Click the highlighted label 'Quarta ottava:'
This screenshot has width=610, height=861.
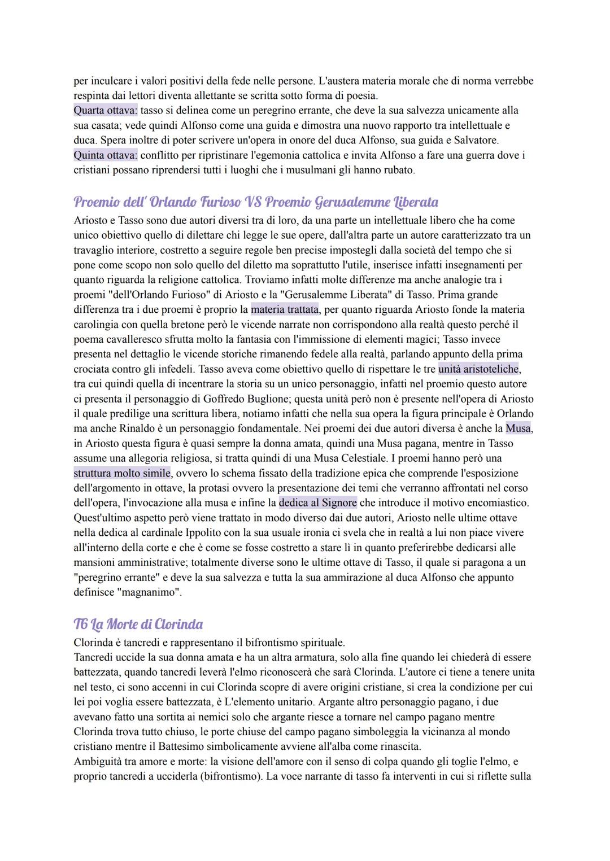[106, 111]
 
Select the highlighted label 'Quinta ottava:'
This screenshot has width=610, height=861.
[106, 155]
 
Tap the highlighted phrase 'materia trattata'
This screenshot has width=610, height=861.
[285, 309]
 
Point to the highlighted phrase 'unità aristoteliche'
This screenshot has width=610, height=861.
[478, 369]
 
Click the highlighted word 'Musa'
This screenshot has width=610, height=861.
[518, 429]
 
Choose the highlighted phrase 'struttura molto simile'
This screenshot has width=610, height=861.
[122, 473]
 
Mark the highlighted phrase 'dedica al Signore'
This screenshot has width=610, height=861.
[318, 502]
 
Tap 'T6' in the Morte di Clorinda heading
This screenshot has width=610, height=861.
[82, 624]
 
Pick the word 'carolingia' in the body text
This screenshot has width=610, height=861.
[97, 324]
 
